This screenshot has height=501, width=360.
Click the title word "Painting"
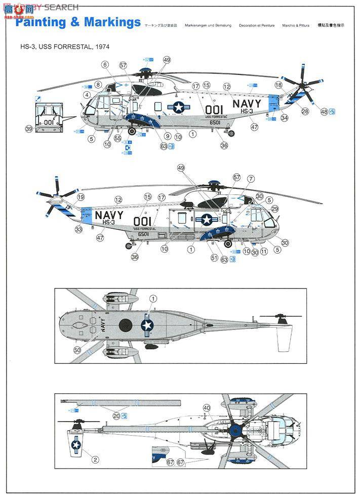[x=41, y=22]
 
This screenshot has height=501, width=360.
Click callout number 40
[x=206, y=407]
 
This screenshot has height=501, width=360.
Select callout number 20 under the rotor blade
[x=116, y=415]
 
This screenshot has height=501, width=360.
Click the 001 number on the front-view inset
[x=49, y=122]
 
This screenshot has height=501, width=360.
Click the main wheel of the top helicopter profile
[x=133, y=132]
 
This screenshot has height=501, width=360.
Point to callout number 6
[x=105, y=64]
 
